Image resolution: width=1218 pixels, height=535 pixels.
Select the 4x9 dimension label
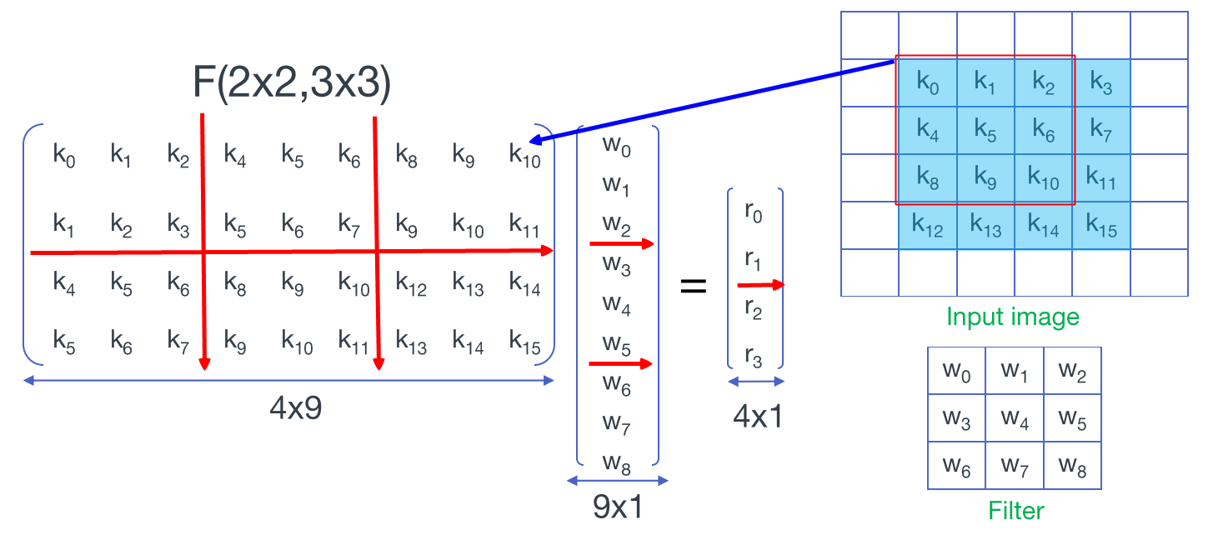click(x=295, y=407)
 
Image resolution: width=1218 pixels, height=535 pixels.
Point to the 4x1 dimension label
click(x=757, y=415)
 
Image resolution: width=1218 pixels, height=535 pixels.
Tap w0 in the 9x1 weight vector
click(x=617, y=149)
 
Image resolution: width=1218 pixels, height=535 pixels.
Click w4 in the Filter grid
click(x=1015, y=418)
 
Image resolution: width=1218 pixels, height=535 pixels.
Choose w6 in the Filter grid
click(x=956, y=466)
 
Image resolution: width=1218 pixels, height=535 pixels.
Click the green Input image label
click(x=1013, y=317)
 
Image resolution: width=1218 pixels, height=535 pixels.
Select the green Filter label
click(x=1016, y=509)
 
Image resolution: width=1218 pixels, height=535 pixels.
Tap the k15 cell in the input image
click(x=1101, y=226)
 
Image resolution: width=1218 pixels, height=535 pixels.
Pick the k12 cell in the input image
click(x=927, y=226)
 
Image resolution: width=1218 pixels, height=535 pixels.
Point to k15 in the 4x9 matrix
click(x=525, y=342)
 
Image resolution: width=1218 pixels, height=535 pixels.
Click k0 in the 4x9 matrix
click(x=64, y=156)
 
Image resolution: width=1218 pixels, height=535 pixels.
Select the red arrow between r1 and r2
click(x=760, y=285)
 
